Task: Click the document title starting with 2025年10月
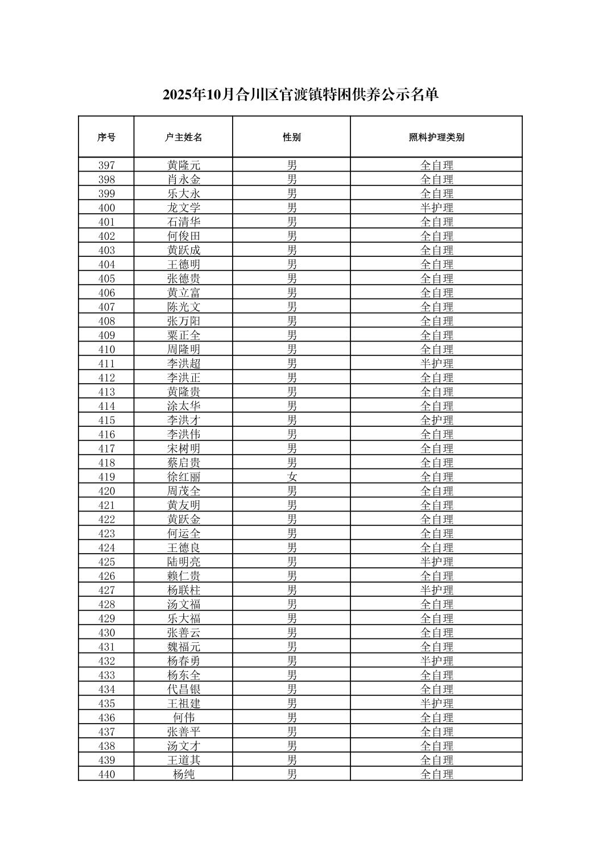pyautogui.click(x=300, y=94)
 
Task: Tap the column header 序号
pyautogui.click(x=106, y=137)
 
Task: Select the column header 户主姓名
pyautogui.click(x=183, y=137)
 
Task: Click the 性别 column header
pyautogui.click(x=292, y=137)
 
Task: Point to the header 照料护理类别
pyautogui.click(x=436, y=137)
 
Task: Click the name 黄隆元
pyautogui.click(x=183, y=165)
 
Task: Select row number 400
pyautogui.click(x=106, y=208)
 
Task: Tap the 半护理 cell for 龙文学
pyautogui.click(x=436, y=208)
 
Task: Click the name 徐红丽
pyautogui.click(x=183, y=477)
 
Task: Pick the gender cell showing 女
pyautogui.click(x=292, y=477)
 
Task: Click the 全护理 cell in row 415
pyautogui.click(x=436, y=420)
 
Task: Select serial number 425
pyautogui.click(x=106, y=562)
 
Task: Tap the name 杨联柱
pyautogui.click(x=183, y=590)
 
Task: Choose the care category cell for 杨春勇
pyautogui.click(x=436, y=661)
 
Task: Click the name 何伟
pyautogui.click(x=183, y=717)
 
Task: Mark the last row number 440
pyautogui.click(x=106, y=774)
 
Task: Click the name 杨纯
pyautogui.click(x=183, y=774)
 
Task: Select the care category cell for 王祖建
pyautogui.click(x=436, y=703)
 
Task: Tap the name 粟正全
pyautogui.click(x=183, y=335)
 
